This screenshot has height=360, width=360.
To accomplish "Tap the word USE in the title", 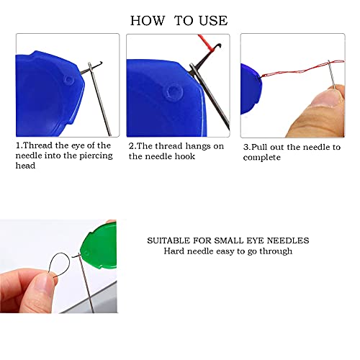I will (212, 20).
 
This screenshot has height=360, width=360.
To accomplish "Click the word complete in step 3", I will (262, 156).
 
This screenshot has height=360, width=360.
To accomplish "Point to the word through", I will (275, 251).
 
